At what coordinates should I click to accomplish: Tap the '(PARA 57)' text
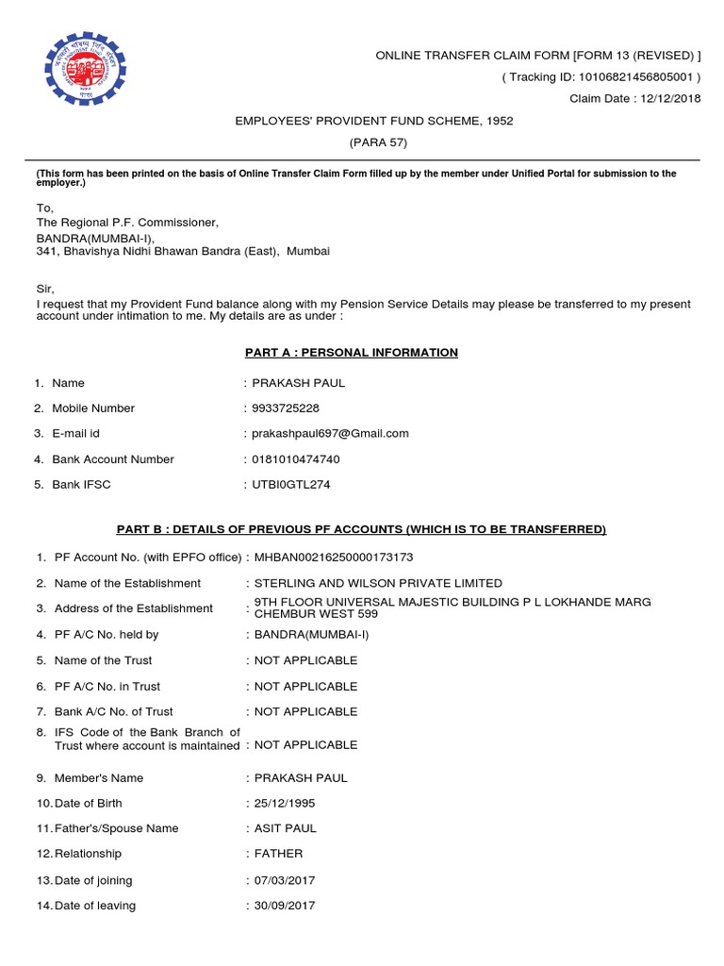[374, 142]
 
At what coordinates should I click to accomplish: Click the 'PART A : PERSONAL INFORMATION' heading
[352, 353]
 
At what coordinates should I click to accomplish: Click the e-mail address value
[330, 434]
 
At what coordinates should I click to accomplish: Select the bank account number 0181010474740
[296, 459]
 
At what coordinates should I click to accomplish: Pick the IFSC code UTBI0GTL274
[291, 485]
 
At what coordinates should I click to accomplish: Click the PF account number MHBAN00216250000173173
[334, 558]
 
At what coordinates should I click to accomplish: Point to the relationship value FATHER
[279, 854]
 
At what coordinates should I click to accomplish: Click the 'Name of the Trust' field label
[103, 660]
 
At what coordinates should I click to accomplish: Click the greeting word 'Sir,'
[45, 289]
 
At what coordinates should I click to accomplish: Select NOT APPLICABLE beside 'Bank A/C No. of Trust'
[305, 711]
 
